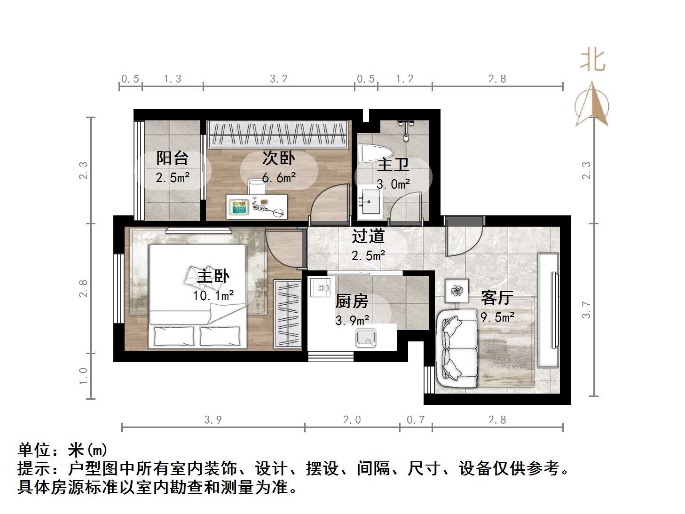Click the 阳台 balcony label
coord(172,158)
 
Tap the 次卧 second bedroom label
coord(278,158)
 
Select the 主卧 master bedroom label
coord(213,276)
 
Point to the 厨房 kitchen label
coord(352,301)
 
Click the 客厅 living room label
coord(496,298)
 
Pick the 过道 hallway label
coord(369,236)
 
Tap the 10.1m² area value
coord(213,296)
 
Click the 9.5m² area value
coord(497,317)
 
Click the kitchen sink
coord(366,338)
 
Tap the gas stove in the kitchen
coord(320,287)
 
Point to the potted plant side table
coord(457,291)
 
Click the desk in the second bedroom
coord(257,206)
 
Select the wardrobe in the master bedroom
coord(287,314)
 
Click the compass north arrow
coord(592,104)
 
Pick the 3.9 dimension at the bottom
coord(213,420)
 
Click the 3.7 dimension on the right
coord(586,309)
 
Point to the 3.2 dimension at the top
coord(278,79)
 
